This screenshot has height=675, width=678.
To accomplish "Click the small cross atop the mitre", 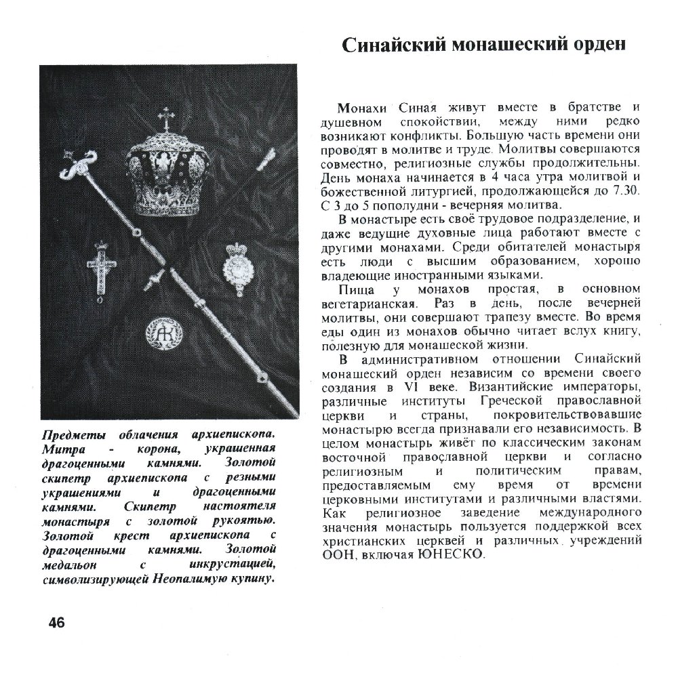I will coord(165,119).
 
